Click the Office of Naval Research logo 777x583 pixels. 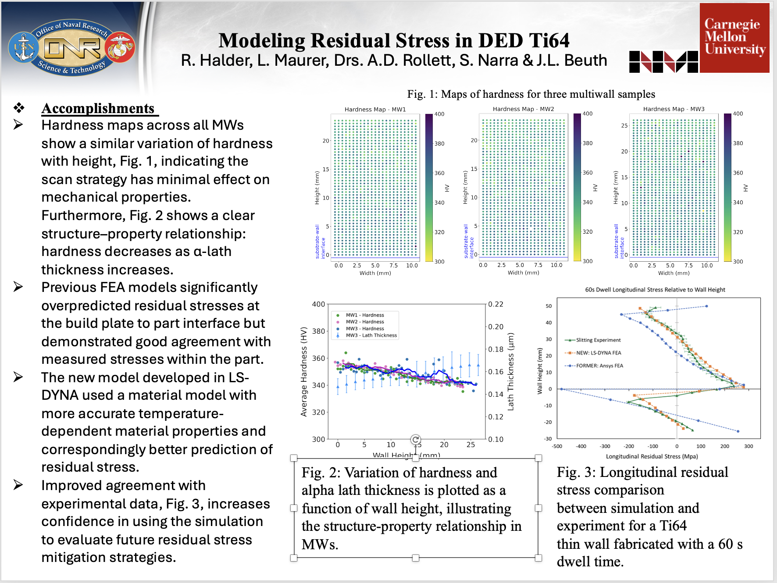(x=71, y=47)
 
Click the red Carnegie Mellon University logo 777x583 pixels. (x=734, y=38)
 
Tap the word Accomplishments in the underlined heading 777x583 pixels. (x=98, y=108)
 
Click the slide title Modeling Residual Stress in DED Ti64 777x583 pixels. (x=394, y=41)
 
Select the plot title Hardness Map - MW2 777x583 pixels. (x=523, y=109)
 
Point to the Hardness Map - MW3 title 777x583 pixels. (x=674, y=109)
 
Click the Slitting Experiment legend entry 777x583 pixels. (x=598, y=340)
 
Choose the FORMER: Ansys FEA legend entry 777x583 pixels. (x=599, y=366)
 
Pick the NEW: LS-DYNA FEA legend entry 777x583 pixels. (x=598, y=353)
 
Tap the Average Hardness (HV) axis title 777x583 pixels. (x=304, y=371)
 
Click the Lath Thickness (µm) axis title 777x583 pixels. (x=510, y=371)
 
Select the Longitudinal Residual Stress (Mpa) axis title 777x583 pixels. (x=652, y=456)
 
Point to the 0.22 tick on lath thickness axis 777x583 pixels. (x=495, y=304)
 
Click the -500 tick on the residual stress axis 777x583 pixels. (x=557, y=446)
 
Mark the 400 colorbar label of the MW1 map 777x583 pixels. (x=439, y=114)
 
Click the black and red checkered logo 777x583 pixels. (x=663, y=61)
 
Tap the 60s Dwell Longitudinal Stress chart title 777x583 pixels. (x=655, y=290)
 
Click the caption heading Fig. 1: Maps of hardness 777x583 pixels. (x=531, y=94)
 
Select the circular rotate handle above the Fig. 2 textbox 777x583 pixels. (x=416, y=439)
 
